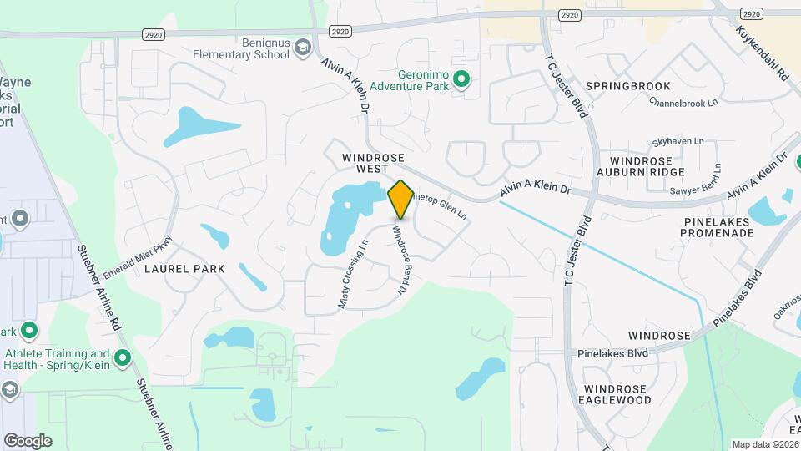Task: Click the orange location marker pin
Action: pos(400,199)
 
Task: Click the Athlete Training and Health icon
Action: pos(123,358)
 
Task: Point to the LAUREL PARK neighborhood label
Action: pos(185,269)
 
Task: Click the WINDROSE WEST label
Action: pos(373,163)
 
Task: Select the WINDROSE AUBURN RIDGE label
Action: pos(647,166)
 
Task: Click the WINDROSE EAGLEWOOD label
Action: pos(617,394)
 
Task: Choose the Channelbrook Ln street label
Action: pos(683,103)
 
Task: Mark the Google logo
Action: pos(28,440)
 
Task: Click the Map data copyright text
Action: pos(765,444)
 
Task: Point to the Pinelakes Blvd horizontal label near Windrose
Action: pos(613,353)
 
